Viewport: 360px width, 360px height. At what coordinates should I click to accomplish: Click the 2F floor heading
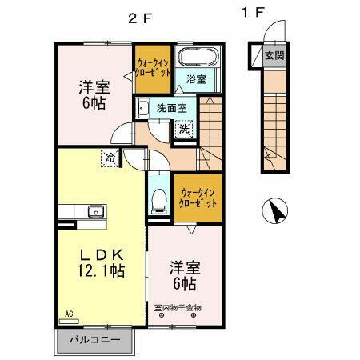(139, 20)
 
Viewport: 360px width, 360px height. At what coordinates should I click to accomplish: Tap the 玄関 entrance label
(274, 56)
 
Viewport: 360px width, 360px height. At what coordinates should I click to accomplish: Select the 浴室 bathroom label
(197, 79)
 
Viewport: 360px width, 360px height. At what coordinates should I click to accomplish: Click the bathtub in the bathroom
(196, 58)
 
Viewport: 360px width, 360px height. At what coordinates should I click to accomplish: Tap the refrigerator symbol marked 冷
(110, 158)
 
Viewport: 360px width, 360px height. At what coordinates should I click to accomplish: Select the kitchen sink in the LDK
(94, 212)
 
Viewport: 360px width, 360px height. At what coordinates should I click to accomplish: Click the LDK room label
(98, 254)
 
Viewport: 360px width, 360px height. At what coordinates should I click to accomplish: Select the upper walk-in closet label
(153, 66)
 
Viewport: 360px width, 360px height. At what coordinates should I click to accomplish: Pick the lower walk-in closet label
(198, 198)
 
